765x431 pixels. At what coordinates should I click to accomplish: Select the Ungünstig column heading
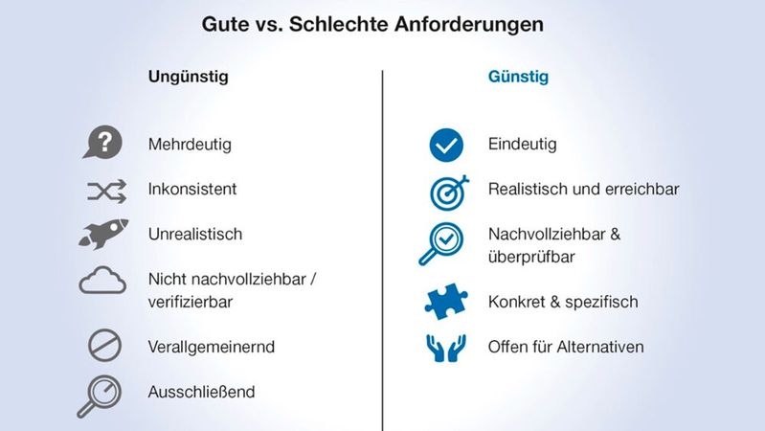(189, 77)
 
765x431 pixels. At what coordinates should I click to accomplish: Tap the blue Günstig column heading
(518, 77)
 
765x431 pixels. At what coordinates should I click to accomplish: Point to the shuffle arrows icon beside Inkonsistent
(106, 191)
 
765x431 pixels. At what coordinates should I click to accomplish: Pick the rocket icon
(103, 234)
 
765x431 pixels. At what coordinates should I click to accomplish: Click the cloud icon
(103, 282)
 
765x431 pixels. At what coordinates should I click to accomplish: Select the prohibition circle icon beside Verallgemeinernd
(104, 346)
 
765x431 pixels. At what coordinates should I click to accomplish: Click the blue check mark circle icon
(445, 145)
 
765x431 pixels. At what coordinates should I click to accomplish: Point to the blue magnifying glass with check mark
(442, 243)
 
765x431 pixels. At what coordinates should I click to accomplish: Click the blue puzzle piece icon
(446, 303)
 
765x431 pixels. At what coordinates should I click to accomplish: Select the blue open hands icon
(445, 347)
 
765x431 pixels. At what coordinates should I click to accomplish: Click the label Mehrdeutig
(190, 145)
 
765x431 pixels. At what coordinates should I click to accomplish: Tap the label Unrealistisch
(195, 234)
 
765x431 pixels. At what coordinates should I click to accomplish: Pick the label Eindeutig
(522, 145)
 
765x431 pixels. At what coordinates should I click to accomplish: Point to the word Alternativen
(602, 346)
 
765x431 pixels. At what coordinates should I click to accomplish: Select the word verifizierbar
(191, 302)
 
